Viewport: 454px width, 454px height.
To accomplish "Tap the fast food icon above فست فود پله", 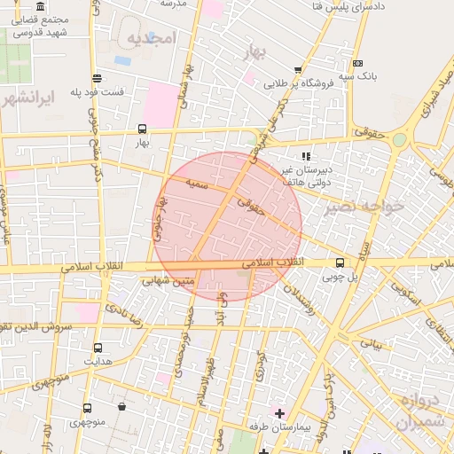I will [x=96, y=79].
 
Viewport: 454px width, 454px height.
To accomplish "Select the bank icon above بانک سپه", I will [x=356, y=63].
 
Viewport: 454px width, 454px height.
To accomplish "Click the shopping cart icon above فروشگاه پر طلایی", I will [x=298, y=70].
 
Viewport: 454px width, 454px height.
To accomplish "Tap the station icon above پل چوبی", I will [x=340, y=262].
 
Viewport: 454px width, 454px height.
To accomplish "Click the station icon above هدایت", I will [x=97, y=348].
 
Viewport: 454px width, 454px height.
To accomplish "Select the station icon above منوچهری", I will [x=87, y=408].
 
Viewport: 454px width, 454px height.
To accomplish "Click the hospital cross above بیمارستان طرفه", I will [x=280, y=412].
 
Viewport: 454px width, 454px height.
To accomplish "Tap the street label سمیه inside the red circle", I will [x=196, y=184].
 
